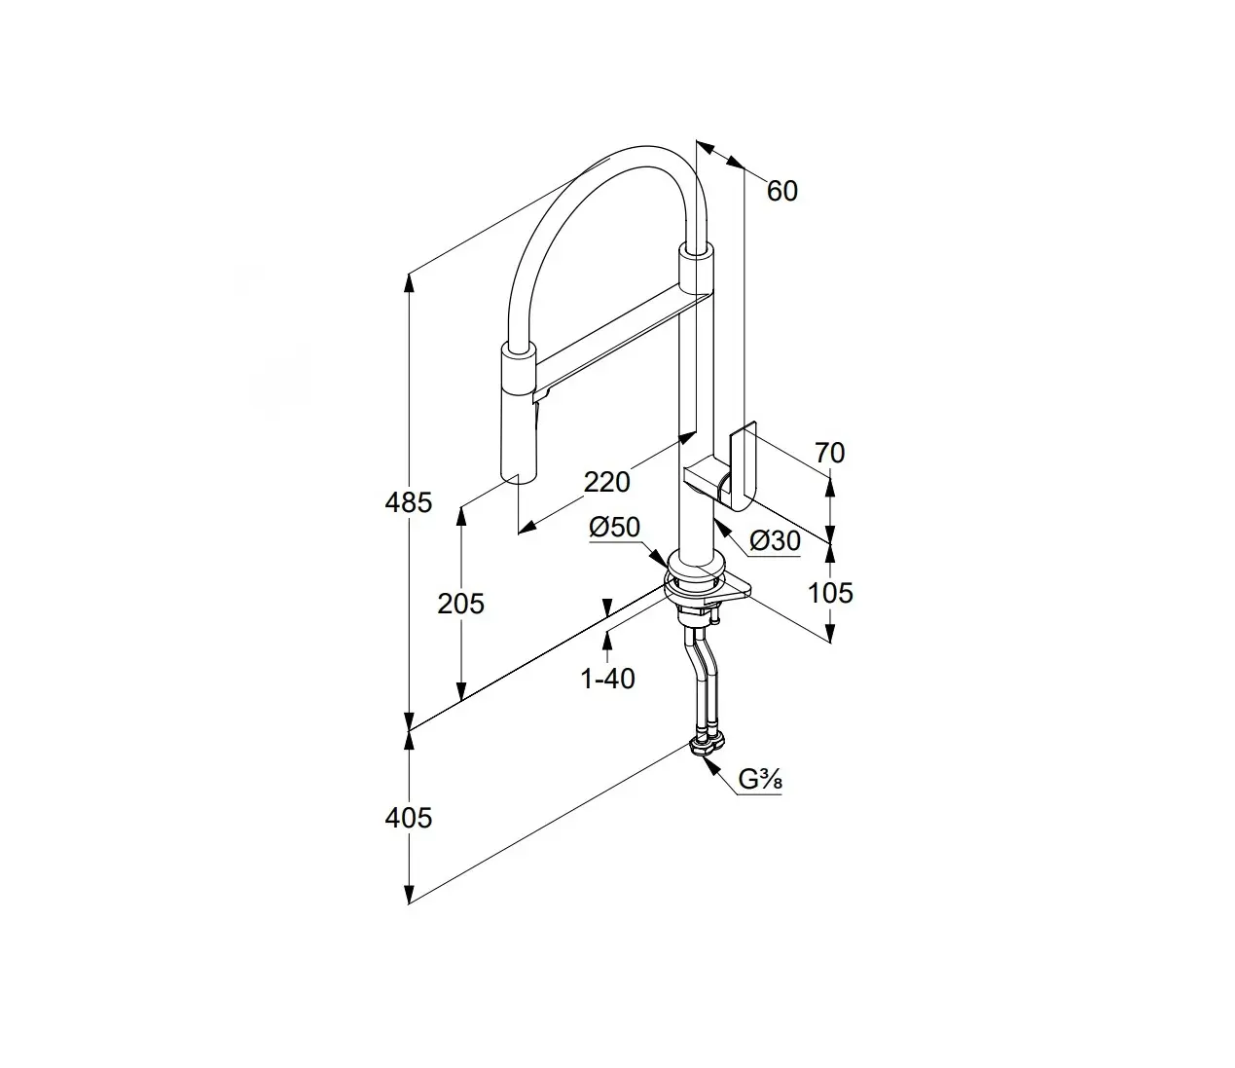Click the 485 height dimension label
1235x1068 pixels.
(x=408, y=502)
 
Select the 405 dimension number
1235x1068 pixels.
(x=408, y=818)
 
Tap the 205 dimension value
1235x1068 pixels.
(x=460, y=604)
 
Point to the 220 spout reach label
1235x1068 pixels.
(x=606, y=482)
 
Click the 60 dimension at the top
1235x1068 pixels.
(x=782, y=191)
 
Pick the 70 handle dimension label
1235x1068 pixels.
(x=830, y=453)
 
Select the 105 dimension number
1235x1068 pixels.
(x=830, y=593)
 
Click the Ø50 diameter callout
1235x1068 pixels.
(x=614, y=527)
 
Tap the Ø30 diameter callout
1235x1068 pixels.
(x=775, y=541)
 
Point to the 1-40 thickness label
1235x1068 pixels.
(x=607, y=679)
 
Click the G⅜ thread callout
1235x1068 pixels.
(x=760, y=779)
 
